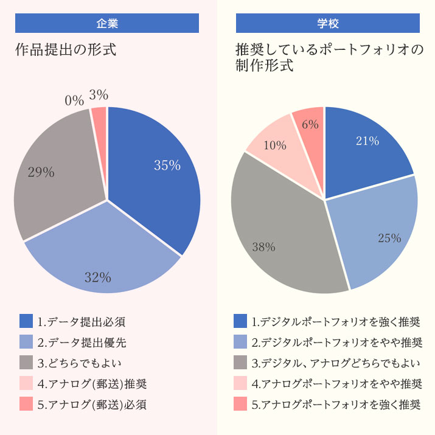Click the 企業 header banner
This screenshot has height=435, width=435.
(x=107, y=24)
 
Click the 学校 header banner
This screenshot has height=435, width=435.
(x=328, y=24)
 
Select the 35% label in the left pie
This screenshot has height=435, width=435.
(x=167, y=165)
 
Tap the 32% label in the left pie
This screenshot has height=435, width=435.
(x=98, y=277)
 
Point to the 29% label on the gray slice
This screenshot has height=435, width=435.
(x=41, y=172)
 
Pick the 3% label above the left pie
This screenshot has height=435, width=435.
(x=99, y=95)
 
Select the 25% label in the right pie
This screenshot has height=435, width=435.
(x=389, y=238)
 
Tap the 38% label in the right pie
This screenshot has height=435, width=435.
(x=264, y=247)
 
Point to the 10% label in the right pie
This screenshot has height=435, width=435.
(x=274, y=145)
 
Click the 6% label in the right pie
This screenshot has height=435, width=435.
(x=310, y=125)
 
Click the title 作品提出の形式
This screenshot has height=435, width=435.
(x=66, y=50)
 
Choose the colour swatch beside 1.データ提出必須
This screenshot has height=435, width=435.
(x=26, y=321)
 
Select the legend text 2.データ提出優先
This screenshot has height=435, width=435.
(x=82, y=342)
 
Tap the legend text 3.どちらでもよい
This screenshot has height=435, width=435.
(x=79, y=363)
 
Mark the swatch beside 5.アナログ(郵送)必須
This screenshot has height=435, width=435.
(x=26, y=404)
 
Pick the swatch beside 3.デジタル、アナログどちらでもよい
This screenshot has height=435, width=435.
(x=240, y=363)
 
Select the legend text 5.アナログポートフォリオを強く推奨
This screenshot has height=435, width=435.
(x=336, y=404)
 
